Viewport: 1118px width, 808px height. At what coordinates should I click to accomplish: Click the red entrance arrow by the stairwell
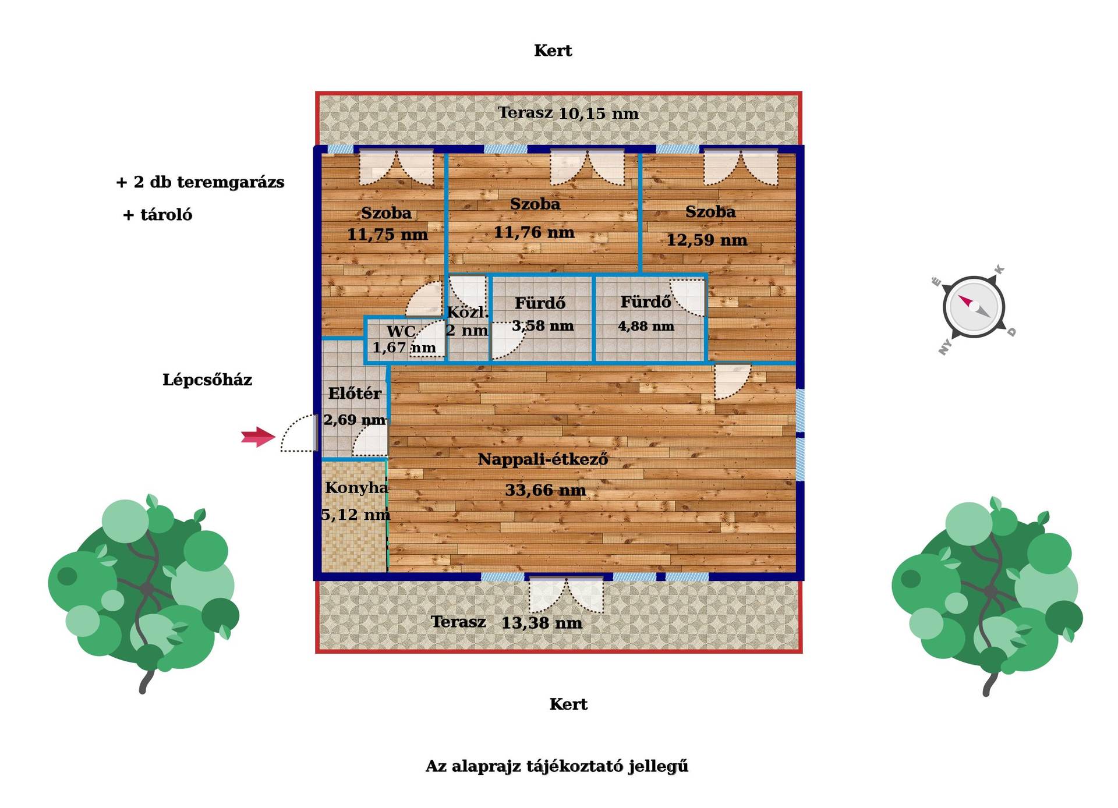click(258, 437)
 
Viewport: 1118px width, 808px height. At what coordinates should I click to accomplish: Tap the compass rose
click(974, 307)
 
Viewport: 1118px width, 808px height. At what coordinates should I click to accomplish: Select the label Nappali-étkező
click(543, 459)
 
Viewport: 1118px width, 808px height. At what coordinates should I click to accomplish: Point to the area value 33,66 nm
click(545, 490)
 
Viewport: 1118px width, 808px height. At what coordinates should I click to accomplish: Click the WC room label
click(401, 331)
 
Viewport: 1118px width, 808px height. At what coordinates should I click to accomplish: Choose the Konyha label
click(356, 487)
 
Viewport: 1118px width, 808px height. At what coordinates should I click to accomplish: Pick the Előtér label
click(355, 393)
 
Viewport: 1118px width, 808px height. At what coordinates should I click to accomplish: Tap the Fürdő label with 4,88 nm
click(645, 302)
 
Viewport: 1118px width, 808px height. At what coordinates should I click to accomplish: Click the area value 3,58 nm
click(543, 326)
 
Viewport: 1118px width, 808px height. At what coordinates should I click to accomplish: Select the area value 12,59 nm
click(707, 240)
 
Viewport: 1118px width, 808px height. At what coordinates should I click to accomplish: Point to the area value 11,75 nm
click(387, 235)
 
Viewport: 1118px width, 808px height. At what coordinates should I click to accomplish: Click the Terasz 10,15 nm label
click(568, 113)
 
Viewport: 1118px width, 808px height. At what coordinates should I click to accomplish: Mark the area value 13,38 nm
click(542, 623)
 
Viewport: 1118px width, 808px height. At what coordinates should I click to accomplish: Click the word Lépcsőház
click(207, 380)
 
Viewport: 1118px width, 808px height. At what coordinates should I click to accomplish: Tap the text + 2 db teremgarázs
click(200, 182)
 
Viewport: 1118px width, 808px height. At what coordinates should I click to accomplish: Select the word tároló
click(166, 215)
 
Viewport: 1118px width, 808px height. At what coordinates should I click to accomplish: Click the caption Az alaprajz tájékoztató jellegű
click(557, 766)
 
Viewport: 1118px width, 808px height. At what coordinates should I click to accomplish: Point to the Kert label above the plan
click(553, 51)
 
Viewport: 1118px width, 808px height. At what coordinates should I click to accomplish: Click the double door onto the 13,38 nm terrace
click(566, 594)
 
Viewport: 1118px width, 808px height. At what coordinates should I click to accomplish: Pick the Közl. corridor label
click(468, 312)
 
